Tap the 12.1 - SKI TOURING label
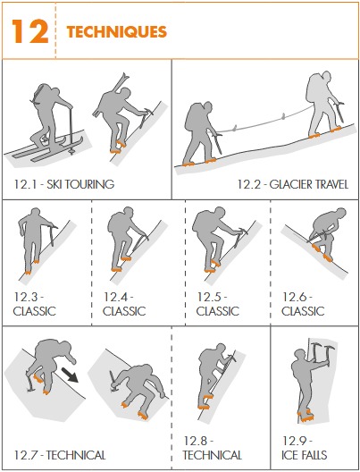[x=63, y=185]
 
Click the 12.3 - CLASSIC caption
[x=35, y=304]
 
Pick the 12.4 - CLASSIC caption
[x=124, y=304]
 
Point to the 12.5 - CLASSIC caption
[x=218, y=304]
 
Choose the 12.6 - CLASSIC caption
[x=304, y=304]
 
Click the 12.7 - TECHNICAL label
[x=59, y=455]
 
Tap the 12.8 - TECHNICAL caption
[x=218, y=448]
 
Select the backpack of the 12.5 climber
[x=202, y=222]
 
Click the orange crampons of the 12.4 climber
[x=117, y=265]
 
